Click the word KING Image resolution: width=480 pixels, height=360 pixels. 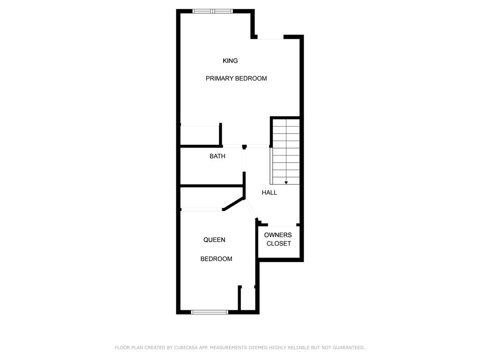230,60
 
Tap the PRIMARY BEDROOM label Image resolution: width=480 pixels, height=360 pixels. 236,78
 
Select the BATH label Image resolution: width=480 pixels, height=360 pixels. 217,156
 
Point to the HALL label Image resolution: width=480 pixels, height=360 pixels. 269,193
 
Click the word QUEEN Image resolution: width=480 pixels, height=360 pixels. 214,240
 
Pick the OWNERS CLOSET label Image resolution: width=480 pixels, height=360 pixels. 278,239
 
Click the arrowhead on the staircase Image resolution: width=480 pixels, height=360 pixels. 286,183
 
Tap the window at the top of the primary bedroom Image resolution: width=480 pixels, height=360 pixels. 212,11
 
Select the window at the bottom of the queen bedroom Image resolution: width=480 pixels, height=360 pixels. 210,312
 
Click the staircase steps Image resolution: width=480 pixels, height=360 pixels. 286,151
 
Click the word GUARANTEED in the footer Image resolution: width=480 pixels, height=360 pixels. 349,347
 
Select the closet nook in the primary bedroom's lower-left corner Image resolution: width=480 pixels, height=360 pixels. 200,135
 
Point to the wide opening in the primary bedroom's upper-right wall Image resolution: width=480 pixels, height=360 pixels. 270,37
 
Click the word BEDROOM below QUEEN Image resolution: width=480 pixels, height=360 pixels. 216,259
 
